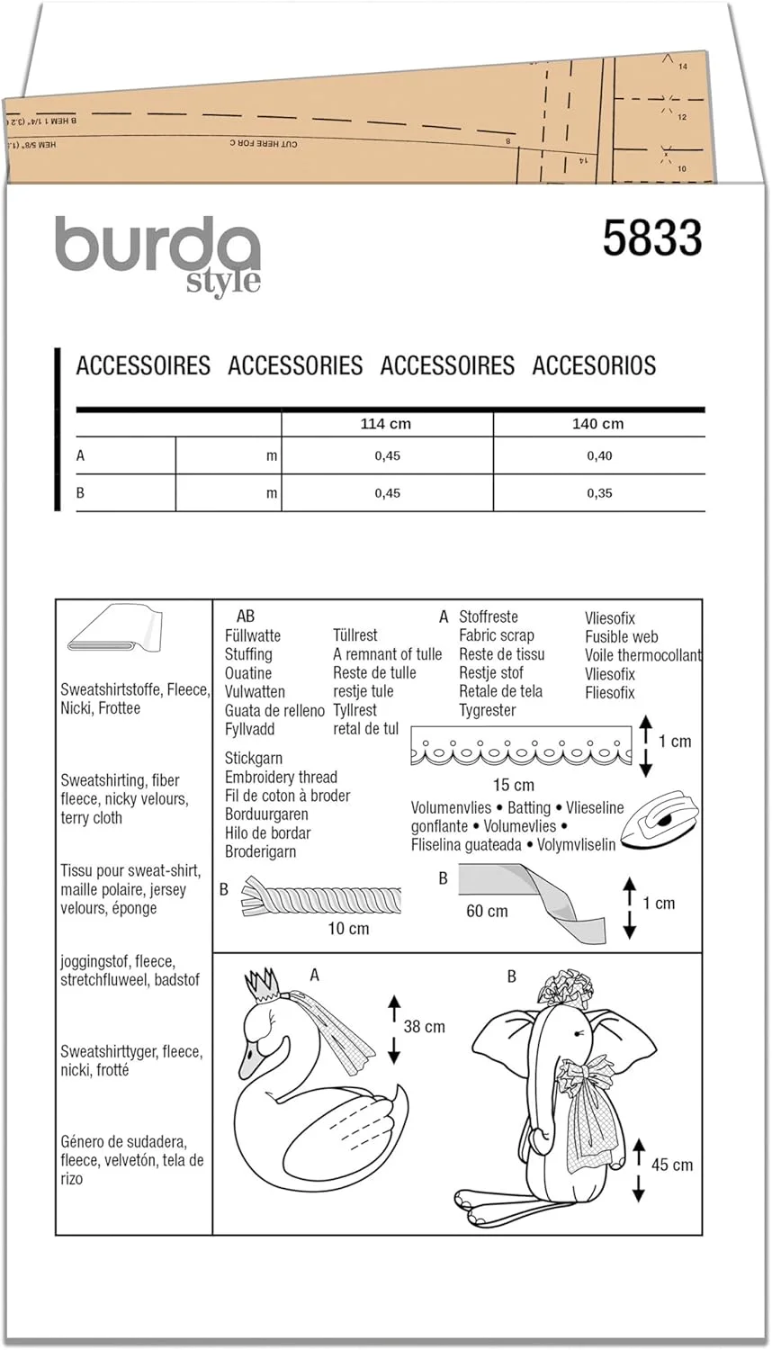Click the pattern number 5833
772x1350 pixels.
tap(651, 238)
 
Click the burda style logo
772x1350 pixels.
tap(158, 254)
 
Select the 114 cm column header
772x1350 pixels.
tap(385, 424)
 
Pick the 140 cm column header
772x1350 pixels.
tap(597, 424)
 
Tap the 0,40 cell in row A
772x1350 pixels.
tap(599, 456)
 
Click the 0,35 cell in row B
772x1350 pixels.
tap(599, 493)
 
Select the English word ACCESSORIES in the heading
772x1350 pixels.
tap(295, 365)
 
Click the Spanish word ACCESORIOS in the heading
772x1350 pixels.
tap(594, 365)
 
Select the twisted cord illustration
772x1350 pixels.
tap(321, 899)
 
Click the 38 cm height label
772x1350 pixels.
tap(424, 1026)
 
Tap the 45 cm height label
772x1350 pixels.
tap(671, 1165)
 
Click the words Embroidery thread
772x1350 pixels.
tap(281, 777)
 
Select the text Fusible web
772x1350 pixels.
tap(621, 636)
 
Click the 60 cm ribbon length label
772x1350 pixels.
tap(487, 911)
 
